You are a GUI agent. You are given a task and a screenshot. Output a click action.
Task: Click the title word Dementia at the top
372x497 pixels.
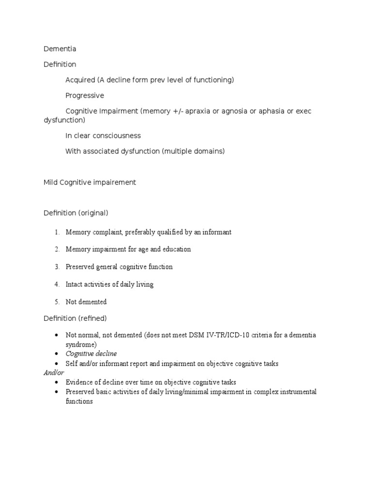[60, 49]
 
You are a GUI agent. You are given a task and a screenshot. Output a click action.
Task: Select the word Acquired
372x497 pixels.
[80, 80]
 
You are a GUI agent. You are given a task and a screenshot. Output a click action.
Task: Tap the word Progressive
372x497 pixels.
[85, 96]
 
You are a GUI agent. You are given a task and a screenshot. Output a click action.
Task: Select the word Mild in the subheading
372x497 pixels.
[50, 182]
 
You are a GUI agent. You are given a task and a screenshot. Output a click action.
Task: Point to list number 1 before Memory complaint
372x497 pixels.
[57, 232]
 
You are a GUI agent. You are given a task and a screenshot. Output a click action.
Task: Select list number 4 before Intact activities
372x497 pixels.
[57, 284]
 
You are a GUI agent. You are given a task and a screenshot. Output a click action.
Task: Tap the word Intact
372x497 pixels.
[75, 284]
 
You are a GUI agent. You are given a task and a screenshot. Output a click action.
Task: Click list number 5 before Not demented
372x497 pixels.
[57, 302]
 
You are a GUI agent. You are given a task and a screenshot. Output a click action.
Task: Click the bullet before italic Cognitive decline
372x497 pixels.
[57, 354]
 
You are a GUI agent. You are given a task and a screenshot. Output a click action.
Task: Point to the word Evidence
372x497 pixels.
[79, 382]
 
